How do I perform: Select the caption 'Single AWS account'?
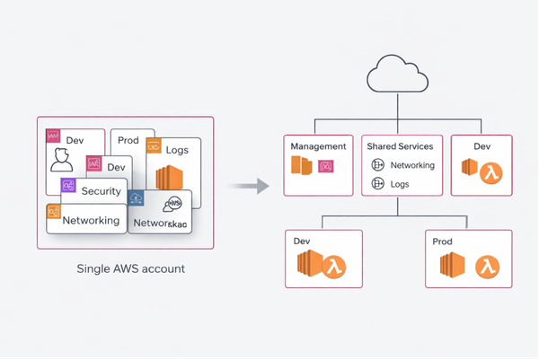pos(125,269)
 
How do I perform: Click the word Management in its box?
pos(319,146)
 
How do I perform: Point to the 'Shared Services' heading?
pos(399,146)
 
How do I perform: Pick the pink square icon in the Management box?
pos(326,166)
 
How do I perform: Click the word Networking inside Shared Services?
pos(413,165)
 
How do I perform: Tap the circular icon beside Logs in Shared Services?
pos(378,185)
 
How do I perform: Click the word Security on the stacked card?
pos(101,191)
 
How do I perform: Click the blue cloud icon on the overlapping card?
pos(137,197)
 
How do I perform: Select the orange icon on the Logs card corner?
pos(154,145)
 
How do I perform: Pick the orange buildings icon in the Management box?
pos(301,166)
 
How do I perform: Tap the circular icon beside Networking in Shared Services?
pos(378,165)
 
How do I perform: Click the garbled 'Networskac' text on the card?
pos(159,223)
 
